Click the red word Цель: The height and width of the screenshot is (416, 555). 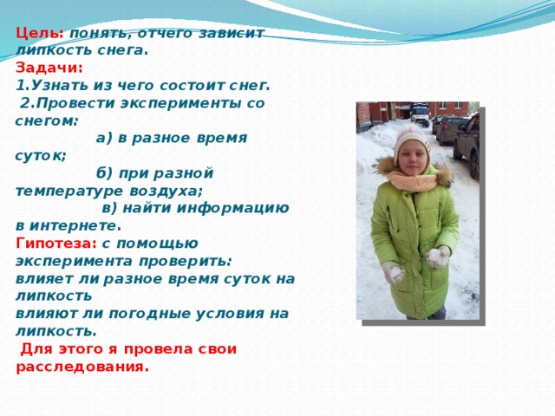point(40,33)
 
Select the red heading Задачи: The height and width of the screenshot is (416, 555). point(49,68)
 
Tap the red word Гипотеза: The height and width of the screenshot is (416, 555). point(56,244)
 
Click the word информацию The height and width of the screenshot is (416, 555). point(232,209)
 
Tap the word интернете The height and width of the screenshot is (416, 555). point(73,225)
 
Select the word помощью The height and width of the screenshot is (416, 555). point(157,244)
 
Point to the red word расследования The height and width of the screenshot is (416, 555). point(80,367)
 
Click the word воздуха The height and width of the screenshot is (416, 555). point(165,192)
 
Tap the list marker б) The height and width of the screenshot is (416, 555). point(104,173)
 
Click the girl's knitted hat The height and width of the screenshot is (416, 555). point(411,141)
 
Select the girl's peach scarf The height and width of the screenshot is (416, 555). point(414,181)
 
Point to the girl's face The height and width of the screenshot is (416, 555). point(411,157)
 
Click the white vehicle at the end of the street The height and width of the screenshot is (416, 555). point(420,114)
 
